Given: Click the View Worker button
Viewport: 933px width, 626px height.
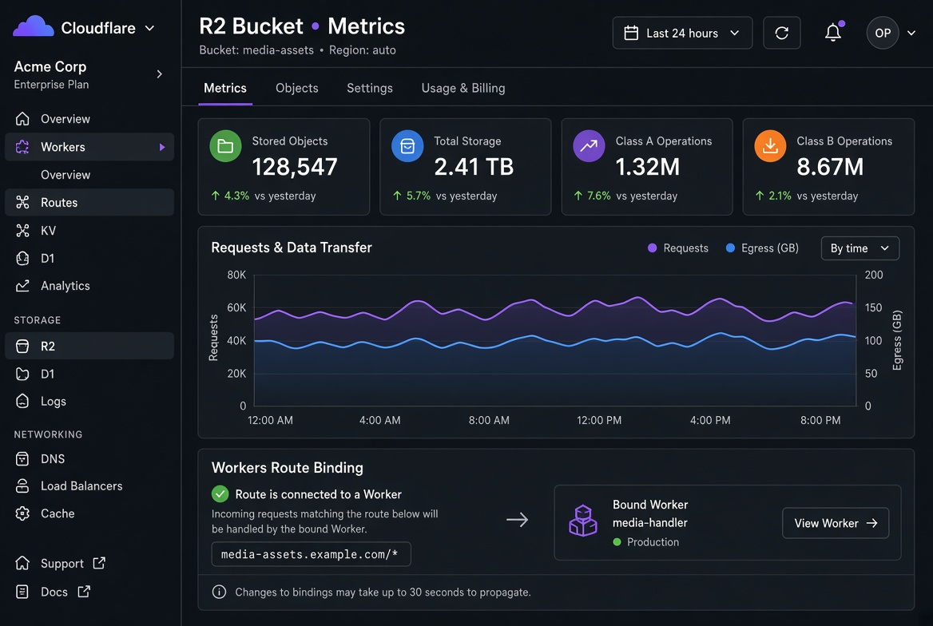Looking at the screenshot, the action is pos(836,523).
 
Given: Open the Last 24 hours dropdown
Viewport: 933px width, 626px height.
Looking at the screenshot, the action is pos(682,33).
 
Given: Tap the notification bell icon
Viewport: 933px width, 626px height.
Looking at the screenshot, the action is pos(833,32).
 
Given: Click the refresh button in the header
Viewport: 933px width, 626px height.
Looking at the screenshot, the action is pos(782,33).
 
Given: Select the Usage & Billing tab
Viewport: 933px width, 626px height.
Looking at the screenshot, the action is pos(463,88).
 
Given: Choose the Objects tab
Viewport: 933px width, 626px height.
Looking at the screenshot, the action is pos(297,88).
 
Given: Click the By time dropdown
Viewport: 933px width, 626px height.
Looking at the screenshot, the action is pos(860,248).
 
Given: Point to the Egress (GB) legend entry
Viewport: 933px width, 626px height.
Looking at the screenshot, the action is pos(762,248).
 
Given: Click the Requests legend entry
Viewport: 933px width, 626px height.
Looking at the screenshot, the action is pos(677,248).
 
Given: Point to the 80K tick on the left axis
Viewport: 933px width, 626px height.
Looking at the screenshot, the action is pos(236,275).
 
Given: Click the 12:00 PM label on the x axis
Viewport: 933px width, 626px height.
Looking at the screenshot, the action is pos(598,420).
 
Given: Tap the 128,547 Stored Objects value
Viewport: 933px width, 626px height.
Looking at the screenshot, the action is pos(295,167).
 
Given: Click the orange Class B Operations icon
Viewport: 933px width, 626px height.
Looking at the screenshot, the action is pos(770,146).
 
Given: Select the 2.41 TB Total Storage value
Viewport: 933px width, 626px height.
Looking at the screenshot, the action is pos(474,167).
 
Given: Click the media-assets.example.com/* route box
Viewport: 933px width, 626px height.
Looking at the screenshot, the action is pos(312,554).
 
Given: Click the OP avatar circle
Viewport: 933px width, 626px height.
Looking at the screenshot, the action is pos(883,33).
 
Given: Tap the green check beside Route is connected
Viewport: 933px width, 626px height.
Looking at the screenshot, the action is pos(220,494).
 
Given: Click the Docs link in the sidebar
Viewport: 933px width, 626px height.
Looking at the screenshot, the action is pos(53,592).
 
